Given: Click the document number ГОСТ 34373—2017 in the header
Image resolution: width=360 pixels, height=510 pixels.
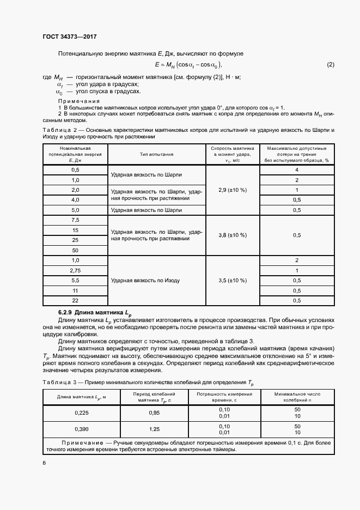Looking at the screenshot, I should (x=69, y=37).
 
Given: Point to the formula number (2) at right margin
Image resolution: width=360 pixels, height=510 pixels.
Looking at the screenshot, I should (x=331, y=65).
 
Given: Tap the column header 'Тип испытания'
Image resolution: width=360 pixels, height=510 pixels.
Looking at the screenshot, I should (x=156, y=154).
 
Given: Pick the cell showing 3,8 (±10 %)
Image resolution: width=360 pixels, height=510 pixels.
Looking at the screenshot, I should (x=233, y=235).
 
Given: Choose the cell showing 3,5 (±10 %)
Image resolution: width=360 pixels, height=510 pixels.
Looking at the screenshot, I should (x=233, y=280).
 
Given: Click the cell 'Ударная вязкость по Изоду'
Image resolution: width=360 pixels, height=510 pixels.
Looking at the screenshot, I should (x=145, y=280).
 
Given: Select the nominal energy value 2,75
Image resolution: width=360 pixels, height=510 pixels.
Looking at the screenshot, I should (x=75, y=270).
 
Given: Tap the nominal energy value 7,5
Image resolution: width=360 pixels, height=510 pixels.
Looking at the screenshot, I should (x=75, y=220).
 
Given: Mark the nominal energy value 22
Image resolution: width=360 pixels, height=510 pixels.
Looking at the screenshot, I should (x=75, y=300).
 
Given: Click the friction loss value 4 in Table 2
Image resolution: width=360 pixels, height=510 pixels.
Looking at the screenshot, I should (x=297, y=170).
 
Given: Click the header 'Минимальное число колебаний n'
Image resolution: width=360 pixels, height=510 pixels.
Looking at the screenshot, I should (x=297, y=396).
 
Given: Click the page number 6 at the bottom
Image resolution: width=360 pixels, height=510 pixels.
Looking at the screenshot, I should (x=44, y=463).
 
